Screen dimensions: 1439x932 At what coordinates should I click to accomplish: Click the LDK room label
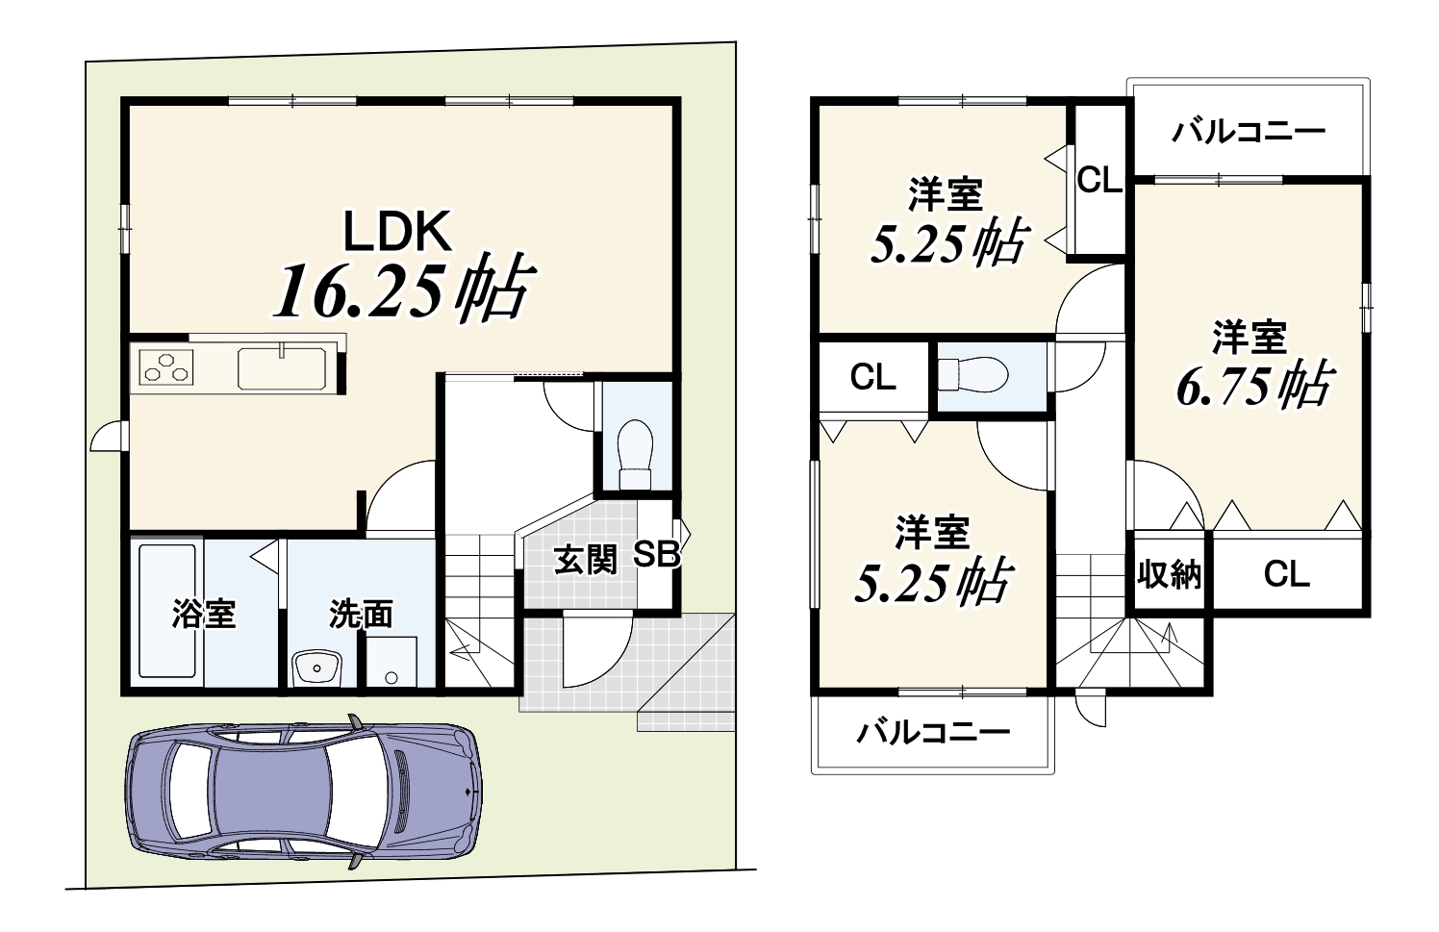(x=397, y=232)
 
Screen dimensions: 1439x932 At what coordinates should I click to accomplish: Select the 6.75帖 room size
(x=1255, y=385)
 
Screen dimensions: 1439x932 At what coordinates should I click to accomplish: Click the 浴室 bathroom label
(x=204, y=614)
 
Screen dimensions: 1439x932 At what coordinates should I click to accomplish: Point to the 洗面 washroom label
(x=361, y=615)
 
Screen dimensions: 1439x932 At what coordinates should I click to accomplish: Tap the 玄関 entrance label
(x=585, y=560)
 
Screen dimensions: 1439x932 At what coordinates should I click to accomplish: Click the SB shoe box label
(x=657, y=555)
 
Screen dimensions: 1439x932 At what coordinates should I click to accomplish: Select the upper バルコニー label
(x=1249, y=133)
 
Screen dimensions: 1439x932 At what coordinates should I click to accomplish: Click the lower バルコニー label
(x=934, y=733)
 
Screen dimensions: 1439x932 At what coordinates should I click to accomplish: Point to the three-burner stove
(x=166, y=367)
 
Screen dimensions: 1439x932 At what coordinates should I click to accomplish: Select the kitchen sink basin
(x=282, y=368)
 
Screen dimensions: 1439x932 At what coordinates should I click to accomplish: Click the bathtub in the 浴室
(x=167, y=611)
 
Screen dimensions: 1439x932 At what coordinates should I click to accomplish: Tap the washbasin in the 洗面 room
(x=316, y=668)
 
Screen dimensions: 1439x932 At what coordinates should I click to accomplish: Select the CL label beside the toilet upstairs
(x=873, y=377)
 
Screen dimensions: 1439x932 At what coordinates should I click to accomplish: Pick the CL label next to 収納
(x=1287, y=573)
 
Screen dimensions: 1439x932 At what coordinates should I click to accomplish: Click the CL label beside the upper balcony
(x=1099, y=181)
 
